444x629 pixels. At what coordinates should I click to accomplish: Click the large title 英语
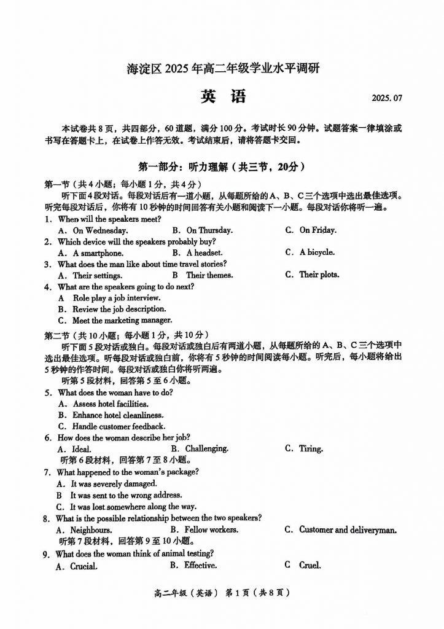222,96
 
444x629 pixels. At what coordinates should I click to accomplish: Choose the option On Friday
317,230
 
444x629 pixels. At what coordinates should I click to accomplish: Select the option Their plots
319,275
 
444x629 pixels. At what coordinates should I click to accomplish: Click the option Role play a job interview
117,298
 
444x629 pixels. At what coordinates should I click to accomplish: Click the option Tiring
311,449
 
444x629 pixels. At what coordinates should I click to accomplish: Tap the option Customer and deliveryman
348,529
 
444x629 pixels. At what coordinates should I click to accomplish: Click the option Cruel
310,565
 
